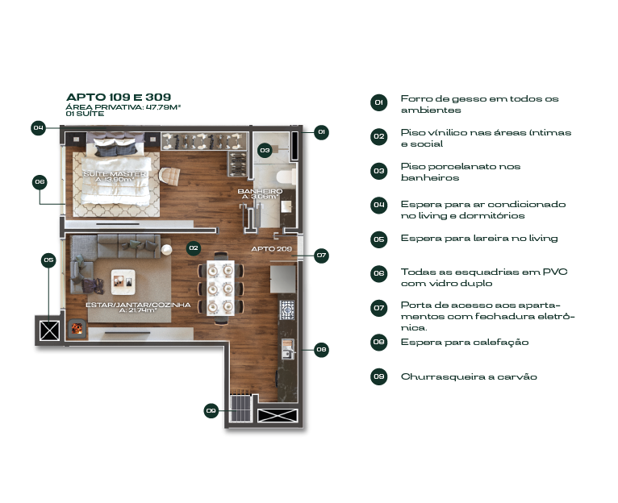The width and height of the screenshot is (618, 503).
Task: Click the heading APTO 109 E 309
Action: (119, 98)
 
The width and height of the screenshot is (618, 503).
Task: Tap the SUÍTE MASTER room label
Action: (115, 173)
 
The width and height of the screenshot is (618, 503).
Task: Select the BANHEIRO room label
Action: (260, 191)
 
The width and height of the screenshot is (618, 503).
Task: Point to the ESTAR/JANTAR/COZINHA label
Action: (138, 305)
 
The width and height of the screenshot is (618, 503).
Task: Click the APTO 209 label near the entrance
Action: (272, 249)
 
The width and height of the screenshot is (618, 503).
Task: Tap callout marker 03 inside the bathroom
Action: (265, 150)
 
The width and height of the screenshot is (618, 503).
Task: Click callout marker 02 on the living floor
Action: (193, 248)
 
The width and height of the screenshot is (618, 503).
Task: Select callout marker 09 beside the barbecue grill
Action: (211, 411)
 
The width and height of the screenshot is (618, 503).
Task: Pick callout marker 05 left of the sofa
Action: (48, 260)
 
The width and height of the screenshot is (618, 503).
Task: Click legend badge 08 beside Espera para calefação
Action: (378, 342)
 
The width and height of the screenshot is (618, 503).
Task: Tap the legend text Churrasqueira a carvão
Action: (469, 376)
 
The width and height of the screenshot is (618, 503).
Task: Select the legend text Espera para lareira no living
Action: (479, 239)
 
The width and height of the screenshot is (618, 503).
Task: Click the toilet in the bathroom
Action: (286, 177)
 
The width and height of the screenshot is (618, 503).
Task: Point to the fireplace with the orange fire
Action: (77, 328)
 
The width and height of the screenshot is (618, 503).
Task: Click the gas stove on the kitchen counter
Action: (287, 310)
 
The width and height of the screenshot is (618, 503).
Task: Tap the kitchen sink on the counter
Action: (288, 349)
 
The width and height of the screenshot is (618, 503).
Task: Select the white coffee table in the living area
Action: (123, 282)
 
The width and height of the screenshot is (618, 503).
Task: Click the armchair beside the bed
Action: (169, 175)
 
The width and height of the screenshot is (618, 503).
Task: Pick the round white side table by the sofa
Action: (167, 250)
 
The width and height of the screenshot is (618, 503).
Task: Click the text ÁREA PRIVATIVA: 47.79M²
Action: (123, 107)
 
